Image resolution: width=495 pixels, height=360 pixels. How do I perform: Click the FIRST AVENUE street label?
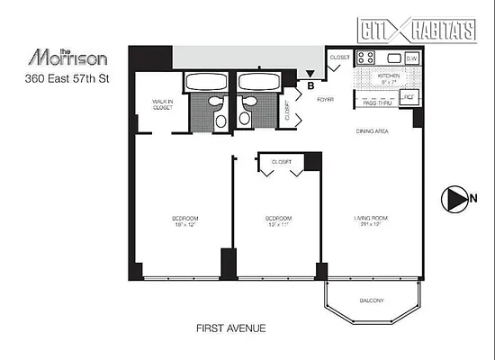coord(231,328)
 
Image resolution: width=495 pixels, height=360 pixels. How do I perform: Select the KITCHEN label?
coord(387,76)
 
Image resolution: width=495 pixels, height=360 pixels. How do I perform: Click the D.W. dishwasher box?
coord(411,58)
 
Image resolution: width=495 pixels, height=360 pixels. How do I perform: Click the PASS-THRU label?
coord(376,103)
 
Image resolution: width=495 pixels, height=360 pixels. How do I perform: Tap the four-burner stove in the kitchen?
coord(367,58)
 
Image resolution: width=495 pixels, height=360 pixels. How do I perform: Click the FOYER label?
coord(325,99)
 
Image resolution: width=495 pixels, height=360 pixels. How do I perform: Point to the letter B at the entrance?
coord(310,87)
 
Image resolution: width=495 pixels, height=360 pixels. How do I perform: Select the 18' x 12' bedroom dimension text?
coord(185,225)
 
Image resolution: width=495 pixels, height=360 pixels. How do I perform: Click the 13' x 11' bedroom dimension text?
coord(278,225)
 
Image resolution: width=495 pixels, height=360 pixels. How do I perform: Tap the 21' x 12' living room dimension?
coord(370,225)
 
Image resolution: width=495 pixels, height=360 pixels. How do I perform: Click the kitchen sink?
coord(388,58)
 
